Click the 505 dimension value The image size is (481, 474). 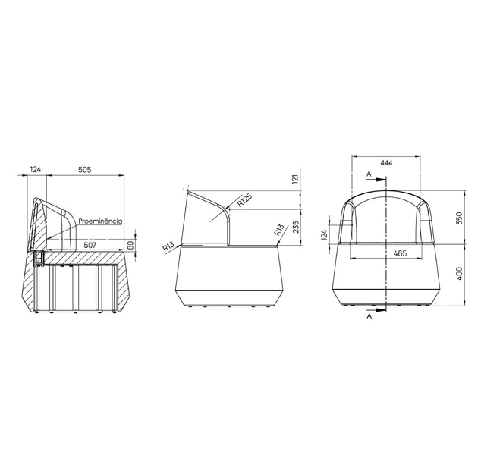pyautogui.click(x=85, y=169)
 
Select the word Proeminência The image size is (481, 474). pyautogui.click(x=100, y=221)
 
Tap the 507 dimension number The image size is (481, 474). pyautogui.click(x=90, y=245)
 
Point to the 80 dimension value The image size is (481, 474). pyautogui.click(x=131, y=246)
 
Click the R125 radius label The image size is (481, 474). pyautogui.click(x=245, y=200)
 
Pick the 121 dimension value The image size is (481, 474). pyautogui.click(x=295, y=179)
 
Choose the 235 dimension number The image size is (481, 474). pyautogui.click(x=296, y=228)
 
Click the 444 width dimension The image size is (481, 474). pyautogui.click(x=386, y=163)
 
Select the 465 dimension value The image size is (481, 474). pyautogui.click(x=401, y=253)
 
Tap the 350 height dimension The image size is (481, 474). pyautogui.click(x=459, y=218)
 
